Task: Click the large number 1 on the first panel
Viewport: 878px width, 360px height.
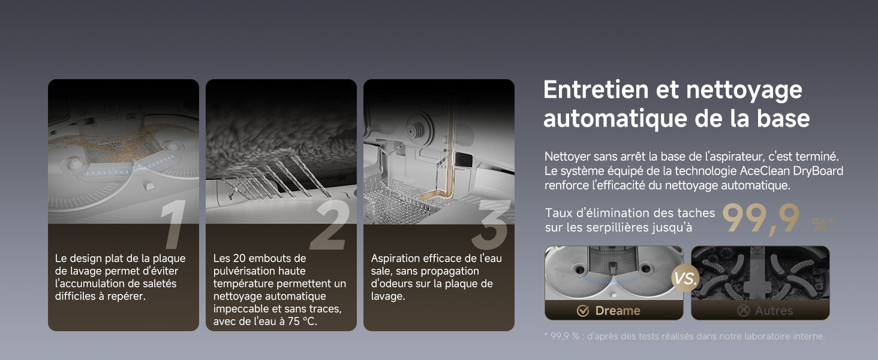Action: click(174, 224)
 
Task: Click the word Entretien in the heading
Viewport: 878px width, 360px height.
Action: click(596, 90)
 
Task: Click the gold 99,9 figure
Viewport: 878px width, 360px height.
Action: click(761, 219)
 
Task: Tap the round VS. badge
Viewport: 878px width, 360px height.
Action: click(685, 278)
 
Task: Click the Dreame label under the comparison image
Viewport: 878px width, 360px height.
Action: click(617, 311)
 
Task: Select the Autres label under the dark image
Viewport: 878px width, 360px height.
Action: click(774, 311)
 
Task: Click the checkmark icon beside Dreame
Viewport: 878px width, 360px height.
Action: click(583, 311)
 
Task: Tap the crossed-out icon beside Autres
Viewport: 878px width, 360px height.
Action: click(744, 311)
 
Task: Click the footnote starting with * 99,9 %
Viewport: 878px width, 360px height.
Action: click(685, 336)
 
